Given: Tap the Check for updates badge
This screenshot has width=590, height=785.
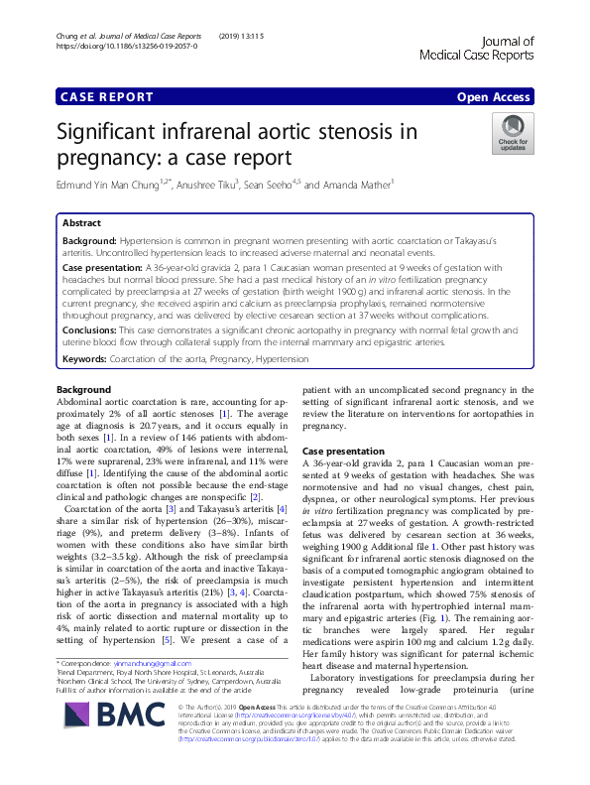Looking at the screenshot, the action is point(513,133).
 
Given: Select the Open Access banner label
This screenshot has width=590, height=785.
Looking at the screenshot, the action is point(494,97).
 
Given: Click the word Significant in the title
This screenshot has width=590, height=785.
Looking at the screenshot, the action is point(120,133).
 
